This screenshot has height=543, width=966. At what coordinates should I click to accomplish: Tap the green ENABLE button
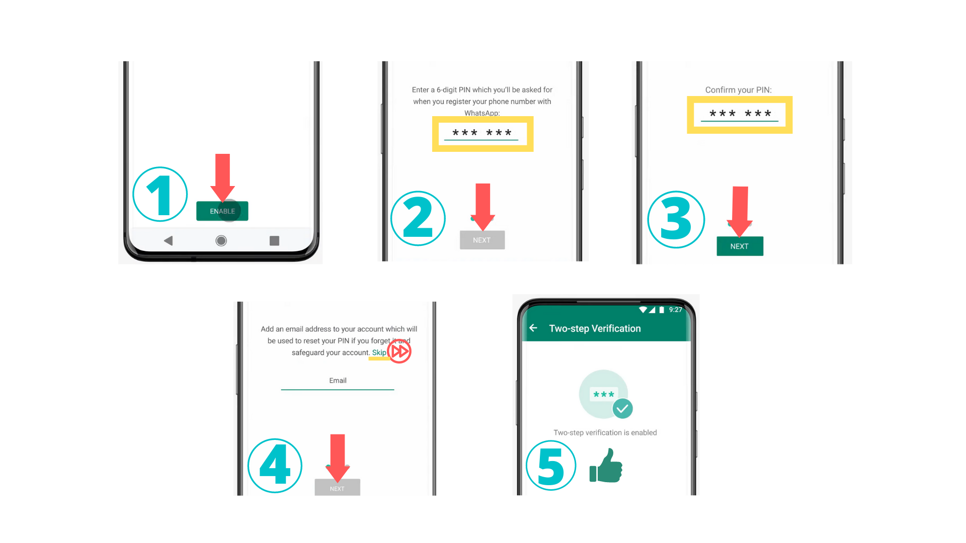click(x=222, y=211)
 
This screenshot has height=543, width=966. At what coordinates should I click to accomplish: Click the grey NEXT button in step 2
click(x=481, y=240)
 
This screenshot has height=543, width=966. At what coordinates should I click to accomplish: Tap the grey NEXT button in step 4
click(x=337, y=488)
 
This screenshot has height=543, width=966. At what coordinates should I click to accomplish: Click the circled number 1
click(x=160, y=195)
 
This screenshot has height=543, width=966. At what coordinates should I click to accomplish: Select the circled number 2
click(x=418, y=218)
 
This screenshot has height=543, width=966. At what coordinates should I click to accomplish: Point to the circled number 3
click(x=676, y=219)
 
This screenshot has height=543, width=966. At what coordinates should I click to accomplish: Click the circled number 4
click(x=275, y=466)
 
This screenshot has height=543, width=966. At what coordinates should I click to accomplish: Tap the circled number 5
click(x=551, y=466)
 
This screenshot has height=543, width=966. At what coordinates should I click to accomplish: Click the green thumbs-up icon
click(x=606, y=467)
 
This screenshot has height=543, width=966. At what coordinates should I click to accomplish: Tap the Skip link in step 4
click(x=379, y=352)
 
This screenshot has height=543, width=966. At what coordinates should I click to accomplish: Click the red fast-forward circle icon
click(x=399, y=351)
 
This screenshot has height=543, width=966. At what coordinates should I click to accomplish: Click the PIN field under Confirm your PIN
click(x=740, y=114)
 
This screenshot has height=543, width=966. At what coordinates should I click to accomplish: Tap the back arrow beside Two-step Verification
click(x=533, y=328)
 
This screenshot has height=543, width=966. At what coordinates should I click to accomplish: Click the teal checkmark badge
click(x=622, y=408)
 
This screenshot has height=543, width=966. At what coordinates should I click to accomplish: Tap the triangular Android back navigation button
click(x=169, y=241)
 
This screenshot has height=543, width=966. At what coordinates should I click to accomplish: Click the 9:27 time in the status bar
click(x=675, y=310)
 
